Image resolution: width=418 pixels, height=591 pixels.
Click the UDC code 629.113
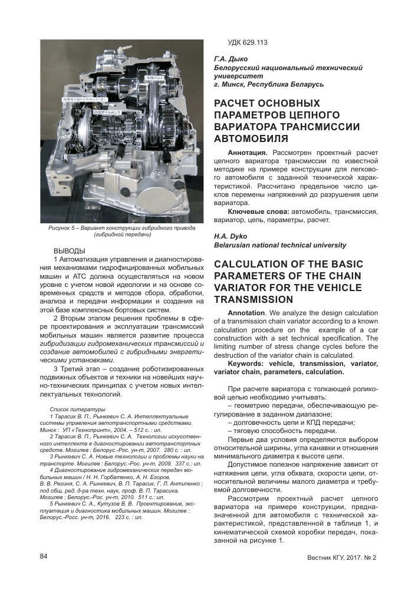[x=248, y=42]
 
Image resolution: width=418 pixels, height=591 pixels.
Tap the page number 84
[x=44, y=557]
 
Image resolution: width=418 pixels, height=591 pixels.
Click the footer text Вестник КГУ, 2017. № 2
[x=341, y=557]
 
